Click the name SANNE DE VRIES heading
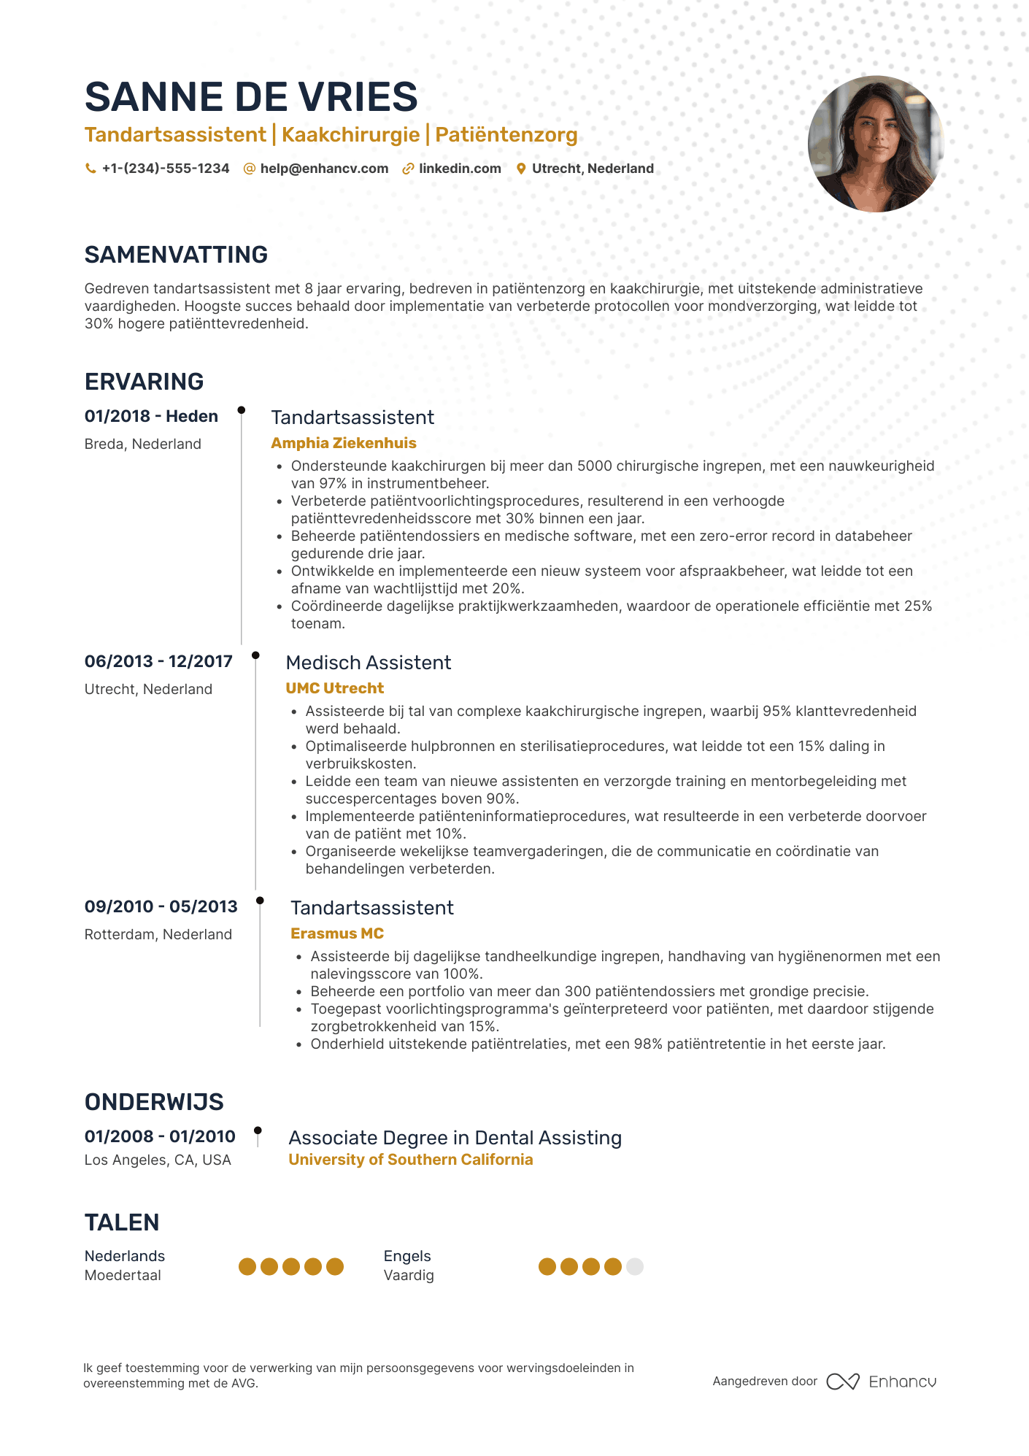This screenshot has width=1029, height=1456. click(251, 97)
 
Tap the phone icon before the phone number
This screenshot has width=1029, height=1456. click(90, 169)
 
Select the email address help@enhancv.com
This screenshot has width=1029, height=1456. click(324, 169)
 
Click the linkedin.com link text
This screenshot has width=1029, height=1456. click(460, 169)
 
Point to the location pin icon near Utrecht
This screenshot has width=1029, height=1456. click(521, 169)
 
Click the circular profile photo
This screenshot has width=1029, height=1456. click(876, 144)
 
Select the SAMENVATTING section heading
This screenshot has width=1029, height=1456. click(176, 255)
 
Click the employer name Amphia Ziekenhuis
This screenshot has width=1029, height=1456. click(344, 443)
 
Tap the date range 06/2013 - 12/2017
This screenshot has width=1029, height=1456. click(158, 661)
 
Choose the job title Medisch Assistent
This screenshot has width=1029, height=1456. click(369, 663)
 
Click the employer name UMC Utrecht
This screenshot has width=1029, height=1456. click(334, 688)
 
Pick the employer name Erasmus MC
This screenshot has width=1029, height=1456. click(337, 933)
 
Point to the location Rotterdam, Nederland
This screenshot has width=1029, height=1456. click(158, 934)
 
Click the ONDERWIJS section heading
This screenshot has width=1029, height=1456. click(154, 1102)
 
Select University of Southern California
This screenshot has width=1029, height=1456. click(411, 1160)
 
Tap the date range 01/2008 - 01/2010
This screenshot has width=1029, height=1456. click(160, 1136)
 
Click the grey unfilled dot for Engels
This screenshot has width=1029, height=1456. click(635, 1267)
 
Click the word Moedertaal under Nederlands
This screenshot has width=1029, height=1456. click(123, 1275)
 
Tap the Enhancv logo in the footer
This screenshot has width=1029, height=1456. click(881, 1382)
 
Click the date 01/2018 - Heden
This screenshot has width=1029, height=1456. click(151, 416)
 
